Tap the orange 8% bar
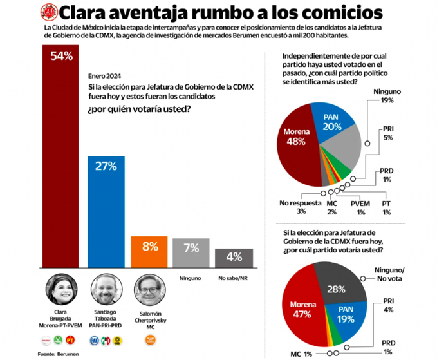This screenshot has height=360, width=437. [149, 251]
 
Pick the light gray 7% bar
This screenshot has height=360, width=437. [191, 252]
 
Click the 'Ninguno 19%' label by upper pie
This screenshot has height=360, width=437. [387, 97]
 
